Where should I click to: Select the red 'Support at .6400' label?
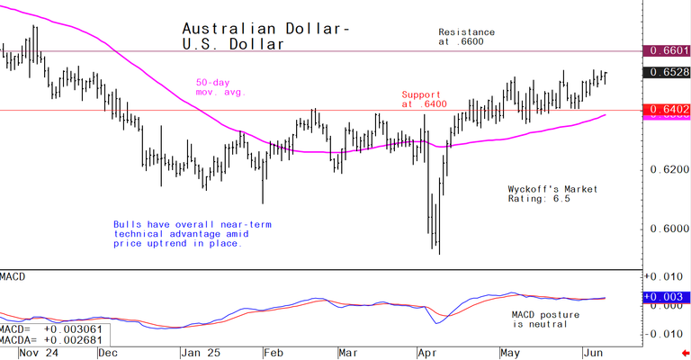pos(423,98)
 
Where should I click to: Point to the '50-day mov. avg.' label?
pos(220,87)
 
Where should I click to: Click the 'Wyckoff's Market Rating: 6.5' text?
pos(552,193)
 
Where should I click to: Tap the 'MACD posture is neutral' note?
pos(545,319)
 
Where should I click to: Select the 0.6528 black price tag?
pos(667,71)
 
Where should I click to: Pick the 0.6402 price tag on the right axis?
pos(667,110)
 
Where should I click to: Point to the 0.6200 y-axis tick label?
pos(667,169)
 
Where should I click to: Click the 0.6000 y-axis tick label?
pos(667,228)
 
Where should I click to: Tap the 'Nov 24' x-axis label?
pos(19,353)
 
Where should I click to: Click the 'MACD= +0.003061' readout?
pos(52,329)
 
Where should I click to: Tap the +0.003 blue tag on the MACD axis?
pos(666,296)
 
